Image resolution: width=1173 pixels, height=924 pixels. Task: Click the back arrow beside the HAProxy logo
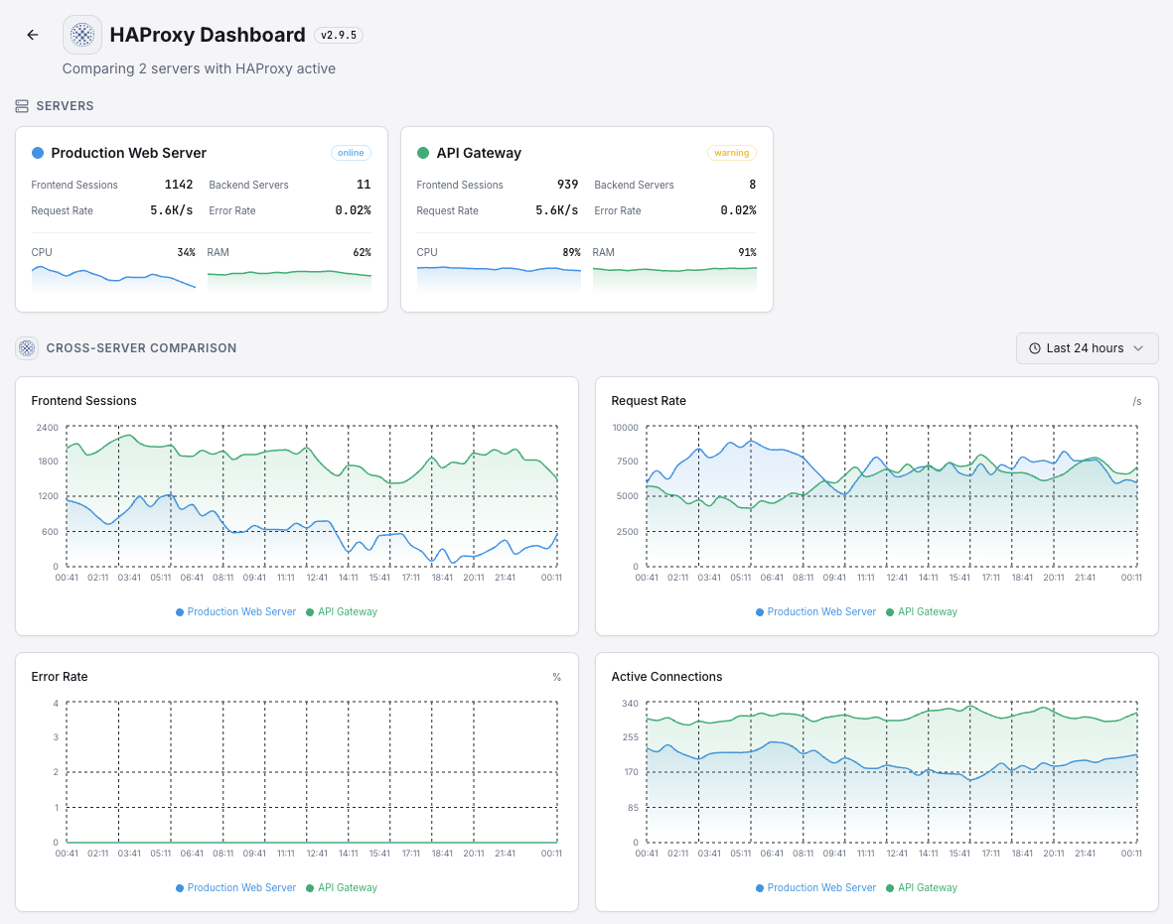point(33,35)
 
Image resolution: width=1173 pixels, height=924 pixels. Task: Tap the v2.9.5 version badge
point(339,35)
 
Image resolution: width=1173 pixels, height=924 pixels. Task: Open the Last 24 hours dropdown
point(1087,348)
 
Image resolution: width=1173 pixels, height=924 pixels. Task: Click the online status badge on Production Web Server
point(351,153)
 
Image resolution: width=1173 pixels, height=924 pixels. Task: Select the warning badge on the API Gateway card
point(731,153)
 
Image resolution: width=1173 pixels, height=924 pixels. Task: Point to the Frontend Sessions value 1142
point(179,185)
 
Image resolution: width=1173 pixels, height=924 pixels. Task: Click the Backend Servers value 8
point(752,185)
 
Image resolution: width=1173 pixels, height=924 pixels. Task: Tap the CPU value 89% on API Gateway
point(571,252)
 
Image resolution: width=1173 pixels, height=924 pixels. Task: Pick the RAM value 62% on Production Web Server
point(362,252)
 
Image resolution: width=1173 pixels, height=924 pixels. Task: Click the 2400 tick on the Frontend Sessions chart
point(47,428)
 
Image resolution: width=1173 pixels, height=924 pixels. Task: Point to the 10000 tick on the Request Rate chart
point(625,428)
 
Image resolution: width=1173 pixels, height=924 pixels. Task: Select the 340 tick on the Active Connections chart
point(630,704)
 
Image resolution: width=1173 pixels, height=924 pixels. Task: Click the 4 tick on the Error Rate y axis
point(56,704)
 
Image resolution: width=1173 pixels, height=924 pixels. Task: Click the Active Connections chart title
point(666,677)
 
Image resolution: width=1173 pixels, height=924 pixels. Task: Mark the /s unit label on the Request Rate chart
point(1137,401)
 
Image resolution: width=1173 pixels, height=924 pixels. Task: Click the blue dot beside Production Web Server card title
point(38,153)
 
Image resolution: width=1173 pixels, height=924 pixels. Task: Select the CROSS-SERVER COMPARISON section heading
point(141,348)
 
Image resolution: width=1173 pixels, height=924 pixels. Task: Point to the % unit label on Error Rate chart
point(557,677)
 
